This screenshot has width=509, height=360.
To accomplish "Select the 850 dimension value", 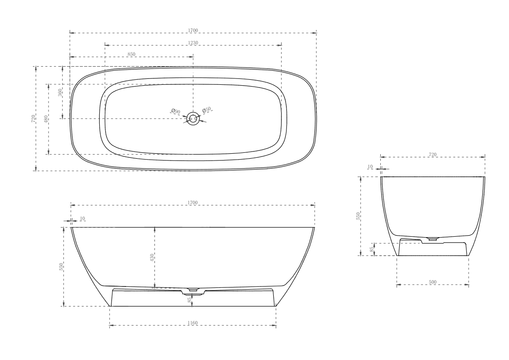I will click(x=131, y=54).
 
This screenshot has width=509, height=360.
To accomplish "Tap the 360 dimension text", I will click(x=59, y=92).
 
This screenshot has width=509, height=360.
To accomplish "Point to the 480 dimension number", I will click(x=46, y=119).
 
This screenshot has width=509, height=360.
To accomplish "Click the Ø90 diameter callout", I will click(x=176, y=112).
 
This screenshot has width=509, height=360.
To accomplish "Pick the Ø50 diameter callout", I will click(x=206, y=110).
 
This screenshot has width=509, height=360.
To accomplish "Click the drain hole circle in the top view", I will click(x=194, y=119).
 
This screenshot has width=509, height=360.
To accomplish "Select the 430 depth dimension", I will click(x=152, y=257).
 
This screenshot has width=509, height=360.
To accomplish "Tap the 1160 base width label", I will click(x=193, y=323).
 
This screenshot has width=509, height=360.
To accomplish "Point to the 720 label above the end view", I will click(x=432, y=155).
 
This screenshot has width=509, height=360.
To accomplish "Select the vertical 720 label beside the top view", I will click(x=33, y=119).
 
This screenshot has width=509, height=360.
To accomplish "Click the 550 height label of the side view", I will click(x=61, y=267).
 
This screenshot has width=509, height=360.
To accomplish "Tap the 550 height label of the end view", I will click(x=358, y=216).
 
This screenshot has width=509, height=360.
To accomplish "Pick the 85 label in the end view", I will click(x=371, y=249).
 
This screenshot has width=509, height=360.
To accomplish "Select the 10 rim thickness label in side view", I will click(x=82, y=219).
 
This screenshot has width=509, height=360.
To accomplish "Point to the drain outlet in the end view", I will click(x=433, y=238).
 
